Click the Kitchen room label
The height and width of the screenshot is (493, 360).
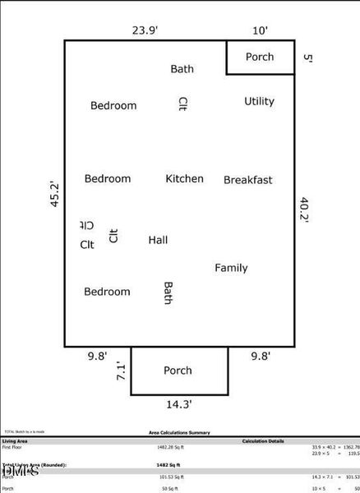coord(184,178)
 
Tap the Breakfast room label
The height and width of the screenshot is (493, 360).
coord(247,180)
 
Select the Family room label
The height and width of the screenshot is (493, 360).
coord(231,268)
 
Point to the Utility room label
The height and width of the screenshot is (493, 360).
coord(259,101)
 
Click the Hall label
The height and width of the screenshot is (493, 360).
coord(158,240)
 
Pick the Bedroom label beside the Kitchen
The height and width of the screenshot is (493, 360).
coord(107,178)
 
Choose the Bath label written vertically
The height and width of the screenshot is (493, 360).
coord(168,293)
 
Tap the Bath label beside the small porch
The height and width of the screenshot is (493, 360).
coord(182,69)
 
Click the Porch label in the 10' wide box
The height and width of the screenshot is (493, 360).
coord(260,58)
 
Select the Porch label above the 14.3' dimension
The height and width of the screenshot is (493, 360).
coord(178,371)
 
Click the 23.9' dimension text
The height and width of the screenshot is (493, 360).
coord(145,30)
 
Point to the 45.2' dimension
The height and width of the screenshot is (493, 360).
coord(55,195)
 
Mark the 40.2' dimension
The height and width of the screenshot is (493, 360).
coord(304,210)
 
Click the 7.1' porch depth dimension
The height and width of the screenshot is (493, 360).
coord(120,371)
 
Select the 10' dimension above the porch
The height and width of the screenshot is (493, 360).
coord(260,30)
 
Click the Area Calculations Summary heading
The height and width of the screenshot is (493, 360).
coord(179,432)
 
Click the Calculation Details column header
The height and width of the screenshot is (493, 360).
coord(263,440)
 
